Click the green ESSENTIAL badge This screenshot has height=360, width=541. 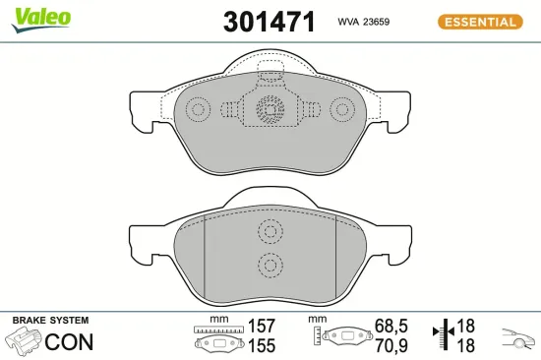[479, 22]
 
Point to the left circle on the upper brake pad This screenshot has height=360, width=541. [200, 110]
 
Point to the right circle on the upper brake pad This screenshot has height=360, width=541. [341, 110]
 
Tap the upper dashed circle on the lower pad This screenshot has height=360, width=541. [269, 232]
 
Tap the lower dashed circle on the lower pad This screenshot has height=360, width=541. [269, 263]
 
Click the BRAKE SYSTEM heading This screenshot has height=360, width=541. [49, 321]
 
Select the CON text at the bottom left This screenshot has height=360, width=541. [70, 343]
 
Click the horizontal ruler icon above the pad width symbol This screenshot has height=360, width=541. [218, 329]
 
